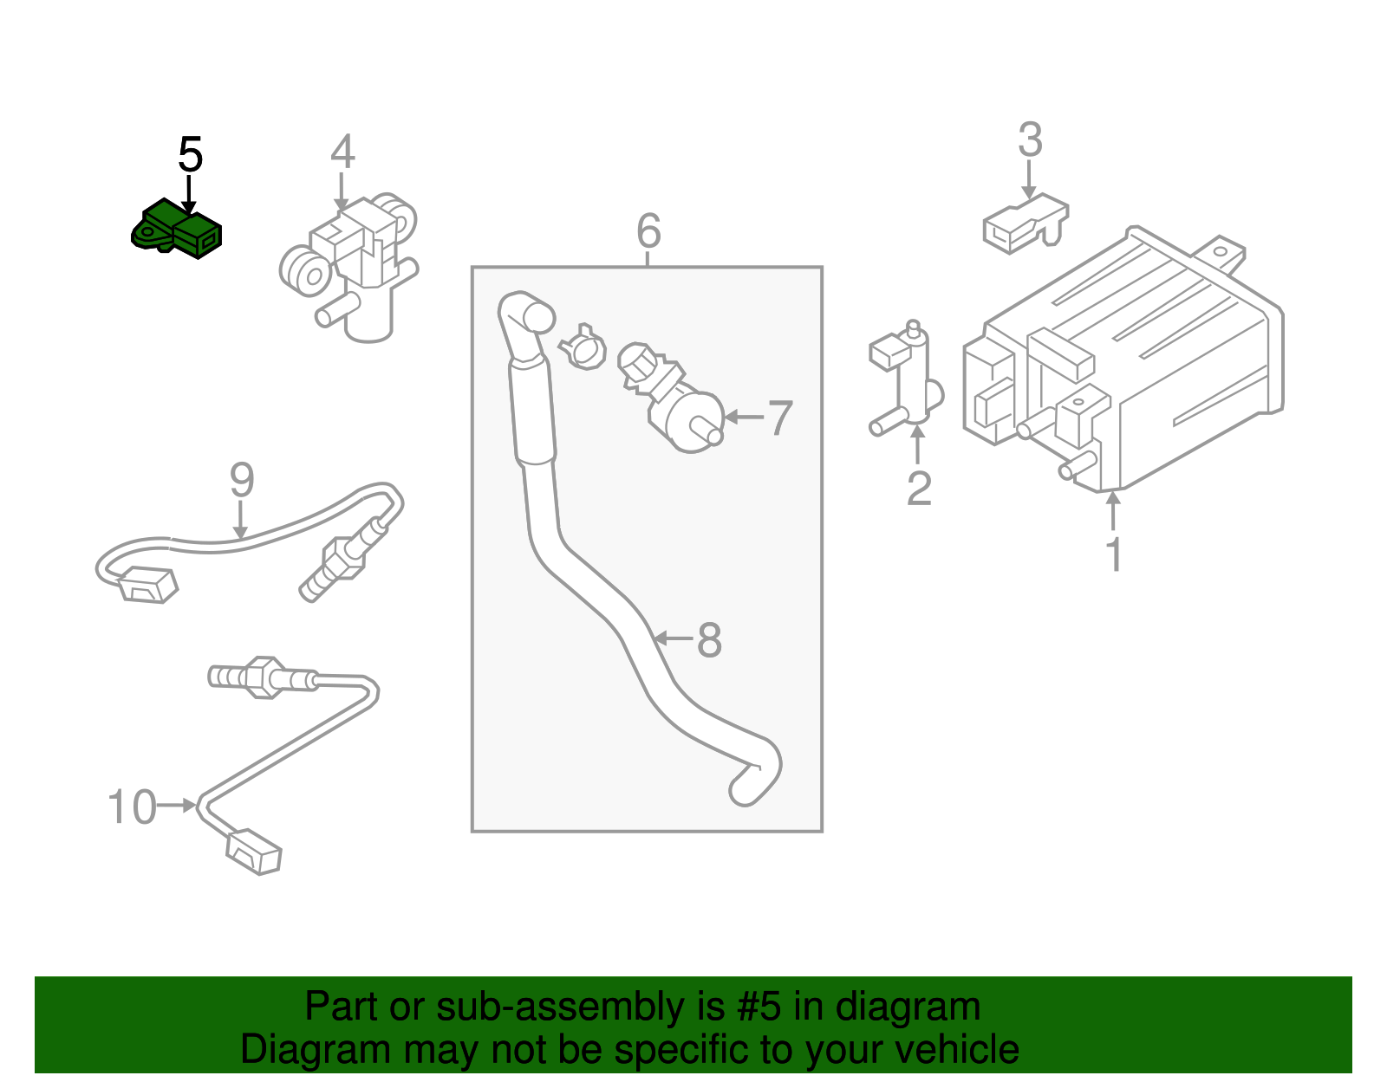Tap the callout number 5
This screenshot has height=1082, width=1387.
pos(190,156)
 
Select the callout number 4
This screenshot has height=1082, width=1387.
pos(342,152)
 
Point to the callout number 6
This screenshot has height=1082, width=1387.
pos(648,231)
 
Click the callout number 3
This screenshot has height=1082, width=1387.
pos(1029,140)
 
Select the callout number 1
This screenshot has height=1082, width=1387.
pos(1114,554)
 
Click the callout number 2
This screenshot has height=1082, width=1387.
pos(918,489)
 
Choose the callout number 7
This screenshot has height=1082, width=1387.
pos(780,418)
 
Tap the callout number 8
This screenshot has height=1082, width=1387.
pos(709,641)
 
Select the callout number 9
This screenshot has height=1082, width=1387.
pos(242,480)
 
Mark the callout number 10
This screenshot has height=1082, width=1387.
pos(131,807)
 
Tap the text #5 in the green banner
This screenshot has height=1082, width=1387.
pos(759,1007)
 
